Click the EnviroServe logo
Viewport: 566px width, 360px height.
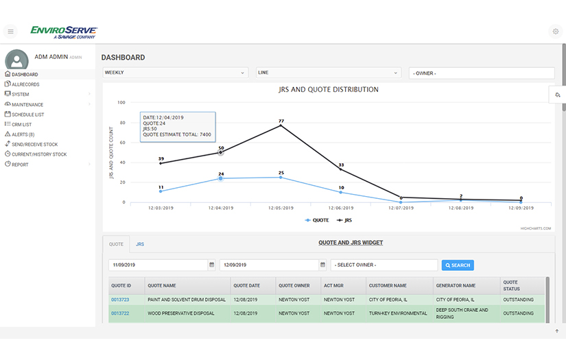click(64, 31)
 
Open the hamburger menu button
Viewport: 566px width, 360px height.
click(10, 32)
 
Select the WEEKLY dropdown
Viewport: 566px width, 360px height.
click(175, 72)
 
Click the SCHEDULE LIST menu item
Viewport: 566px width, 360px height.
click(27, 115)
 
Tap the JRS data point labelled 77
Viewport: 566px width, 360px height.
click(281, 125)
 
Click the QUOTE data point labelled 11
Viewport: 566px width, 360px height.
click(161, 191)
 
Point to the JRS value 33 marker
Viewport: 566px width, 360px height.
click(341, 169)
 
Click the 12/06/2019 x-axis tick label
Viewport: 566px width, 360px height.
click(341, 206)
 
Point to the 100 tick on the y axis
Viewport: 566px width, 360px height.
click(121, 103)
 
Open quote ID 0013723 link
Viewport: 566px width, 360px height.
click(119, 300)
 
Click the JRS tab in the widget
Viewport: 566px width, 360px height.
click(140, 244)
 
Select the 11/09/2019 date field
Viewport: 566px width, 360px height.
click(158, 265)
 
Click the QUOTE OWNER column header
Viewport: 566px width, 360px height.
click(294, 285)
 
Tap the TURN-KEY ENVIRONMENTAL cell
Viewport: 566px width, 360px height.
click(398, 313)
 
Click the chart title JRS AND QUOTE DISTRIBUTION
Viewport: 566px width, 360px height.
click(329, 90)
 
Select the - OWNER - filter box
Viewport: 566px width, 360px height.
click(481, 73)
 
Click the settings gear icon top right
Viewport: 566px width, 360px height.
click(555, 32)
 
